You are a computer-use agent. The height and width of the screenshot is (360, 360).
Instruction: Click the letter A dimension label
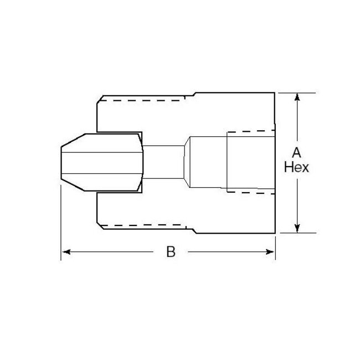point(297,153)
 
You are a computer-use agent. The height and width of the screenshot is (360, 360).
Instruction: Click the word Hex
point(297,167)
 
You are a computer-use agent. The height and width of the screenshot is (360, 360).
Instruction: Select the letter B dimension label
point(171,252)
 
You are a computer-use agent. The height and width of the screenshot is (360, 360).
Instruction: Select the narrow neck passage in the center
point(163,162)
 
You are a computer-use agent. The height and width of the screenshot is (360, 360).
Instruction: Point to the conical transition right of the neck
point(187,162)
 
